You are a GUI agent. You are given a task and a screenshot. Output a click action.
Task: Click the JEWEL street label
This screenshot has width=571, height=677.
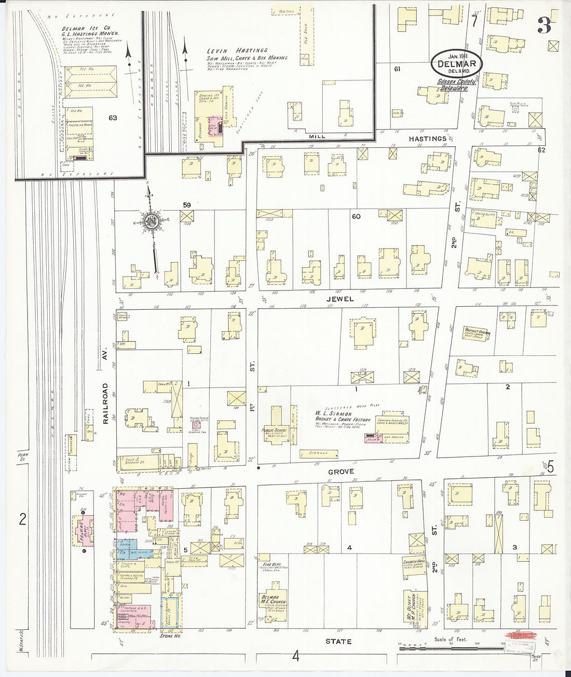coord(340,299)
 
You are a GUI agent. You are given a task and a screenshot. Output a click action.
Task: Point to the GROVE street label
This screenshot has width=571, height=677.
coord(341,471)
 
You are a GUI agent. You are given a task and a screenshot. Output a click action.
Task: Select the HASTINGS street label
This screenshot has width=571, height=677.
coord(427,139)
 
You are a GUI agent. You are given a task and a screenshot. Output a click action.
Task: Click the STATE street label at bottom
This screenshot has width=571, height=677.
coord(338,641)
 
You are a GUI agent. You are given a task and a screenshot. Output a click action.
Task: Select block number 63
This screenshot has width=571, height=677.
coord(113,118)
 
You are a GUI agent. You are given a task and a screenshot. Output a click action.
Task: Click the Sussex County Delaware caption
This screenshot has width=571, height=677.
coord(452,84)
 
